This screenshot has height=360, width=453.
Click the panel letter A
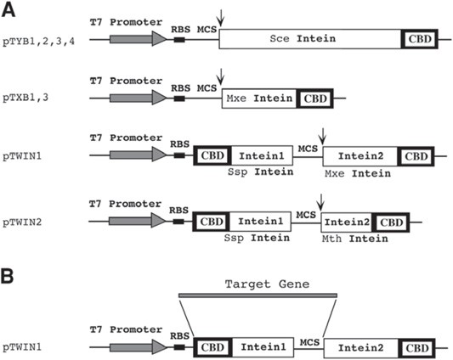point(10,9)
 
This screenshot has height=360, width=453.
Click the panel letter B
point(10,276)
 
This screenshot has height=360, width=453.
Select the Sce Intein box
point(310,39)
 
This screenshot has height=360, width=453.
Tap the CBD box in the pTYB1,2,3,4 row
point(419,39)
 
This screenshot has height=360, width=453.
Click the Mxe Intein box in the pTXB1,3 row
point(259,98)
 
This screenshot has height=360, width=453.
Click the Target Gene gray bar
point(258,295)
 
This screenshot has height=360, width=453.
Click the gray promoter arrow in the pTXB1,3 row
point(132,98)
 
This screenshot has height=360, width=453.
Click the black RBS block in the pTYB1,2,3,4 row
point(179,39)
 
